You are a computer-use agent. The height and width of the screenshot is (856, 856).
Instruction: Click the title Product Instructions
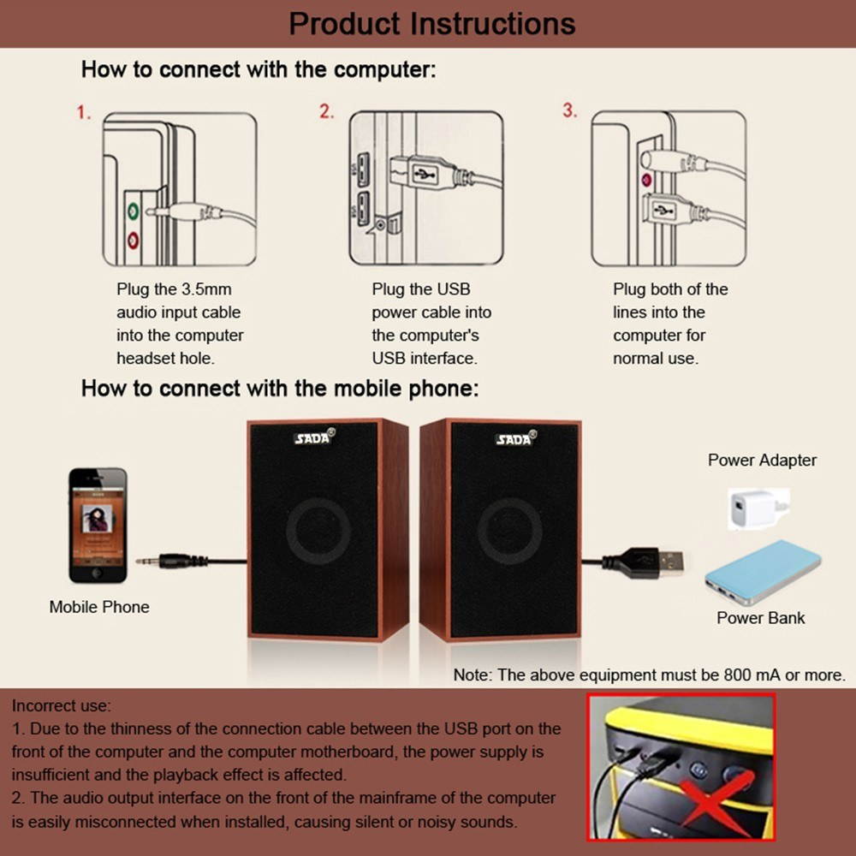point(431,23)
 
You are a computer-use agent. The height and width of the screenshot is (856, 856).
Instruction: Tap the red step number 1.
point(83,113)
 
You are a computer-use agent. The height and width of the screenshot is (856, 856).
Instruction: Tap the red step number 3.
point(569,111)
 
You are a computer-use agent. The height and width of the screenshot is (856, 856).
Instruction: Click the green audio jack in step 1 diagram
point(133,209)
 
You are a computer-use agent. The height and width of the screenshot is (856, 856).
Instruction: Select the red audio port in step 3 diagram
point(646,181)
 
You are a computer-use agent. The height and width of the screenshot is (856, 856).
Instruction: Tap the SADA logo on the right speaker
point(514,438)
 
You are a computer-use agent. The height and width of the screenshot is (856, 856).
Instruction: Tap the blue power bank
point(761,571)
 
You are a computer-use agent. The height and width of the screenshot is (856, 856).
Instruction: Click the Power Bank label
point(760,618)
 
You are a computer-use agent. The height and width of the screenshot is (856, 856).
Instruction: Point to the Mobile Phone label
point(99,607)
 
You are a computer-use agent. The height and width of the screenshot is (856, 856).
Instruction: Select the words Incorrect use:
point(61,706)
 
